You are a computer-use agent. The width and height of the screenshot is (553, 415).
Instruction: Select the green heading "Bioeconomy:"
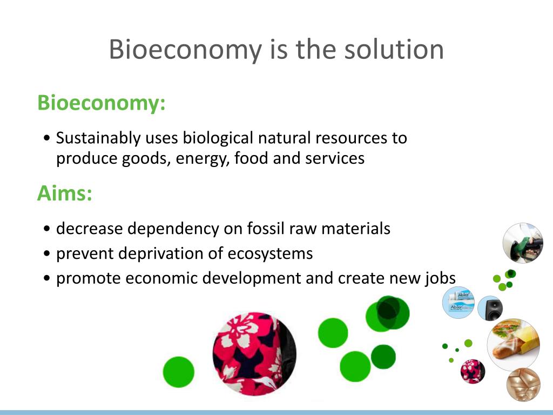pos(101,103)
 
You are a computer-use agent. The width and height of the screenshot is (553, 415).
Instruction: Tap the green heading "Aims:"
pos(64,193)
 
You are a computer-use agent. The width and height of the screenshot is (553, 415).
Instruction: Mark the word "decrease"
pos(90,229)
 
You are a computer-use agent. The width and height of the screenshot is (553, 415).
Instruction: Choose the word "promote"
pos(89,279)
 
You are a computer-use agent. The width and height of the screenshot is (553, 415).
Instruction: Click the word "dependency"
pos(174,229)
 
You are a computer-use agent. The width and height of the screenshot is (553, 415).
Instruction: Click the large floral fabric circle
pos(254,353)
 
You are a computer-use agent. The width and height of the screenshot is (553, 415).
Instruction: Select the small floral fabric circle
pos(473,371)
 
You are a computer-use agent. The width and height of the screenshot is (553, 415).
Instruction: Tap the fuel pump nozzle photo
pos(522,243)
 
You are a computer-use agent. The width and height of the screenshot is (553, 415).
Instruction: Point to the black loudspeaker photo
pos(490,308)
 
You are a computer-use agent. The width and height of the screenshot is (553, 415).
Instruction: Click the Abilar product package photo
pos(458,302)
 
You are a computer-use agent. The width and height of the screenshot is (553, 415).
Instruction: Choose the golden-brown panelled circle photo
pos(523,384)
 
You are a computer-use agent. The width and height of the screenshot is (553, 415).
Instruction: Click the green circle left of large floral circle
pos(178,372)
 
